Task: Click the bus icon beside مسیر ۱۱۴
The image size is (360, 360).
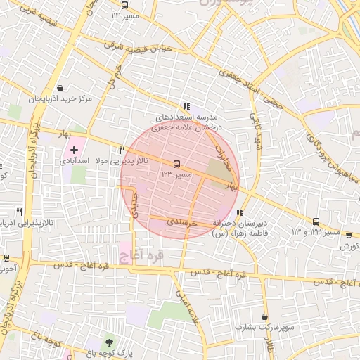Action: [115, 15]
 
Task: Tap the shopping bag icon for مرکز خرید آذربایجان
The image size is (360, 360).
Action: [61, 89]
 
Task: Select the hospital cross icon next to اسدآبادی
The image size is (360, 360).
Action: [75, 150]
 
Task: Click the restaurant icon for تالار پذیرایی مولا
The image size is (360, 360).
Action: [122, 150]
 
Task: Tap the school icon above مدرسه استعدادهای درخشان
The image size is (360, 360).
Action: [186, 105]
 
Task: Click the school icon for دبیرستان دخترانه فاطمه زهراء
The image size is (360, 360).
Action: [240, 212]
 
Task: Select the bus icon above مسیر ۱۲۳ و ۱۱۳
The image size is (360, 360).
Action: [316, 221]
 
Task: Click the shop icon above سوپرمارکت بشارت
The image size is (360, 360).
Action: [264, 317]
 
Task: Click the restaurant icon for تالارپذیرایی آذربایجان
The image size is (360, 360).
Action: [19, 211]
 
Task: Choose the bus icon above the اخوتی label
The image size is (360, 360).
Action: [6, 258]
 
